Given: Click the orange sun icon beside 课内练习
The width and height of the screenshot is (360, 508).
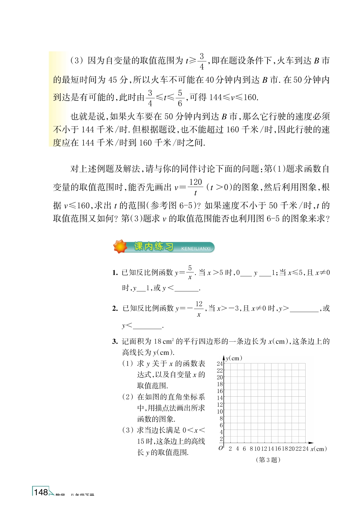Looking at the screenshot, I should [x=120, y=246].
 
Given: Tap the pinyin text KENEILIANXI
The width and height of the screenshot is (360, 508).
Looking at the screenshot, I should [x=196, y=248].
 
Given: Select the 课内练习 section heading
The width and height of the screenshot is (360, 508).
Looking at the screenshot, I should [x=154, y=246].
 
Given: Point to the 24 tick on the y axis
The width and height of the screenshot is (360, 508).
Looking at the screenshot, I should [x=220, y=364].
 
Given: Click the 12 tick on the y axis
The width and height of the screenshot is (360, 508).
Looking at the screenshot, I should [x=220, y=404].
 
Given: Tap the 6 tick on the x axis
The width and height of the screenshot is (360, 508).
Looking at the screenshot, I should [x=244, y=449].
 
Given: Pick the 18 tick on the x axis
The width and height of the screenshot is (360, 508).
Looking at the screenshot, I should [x=285, y=449].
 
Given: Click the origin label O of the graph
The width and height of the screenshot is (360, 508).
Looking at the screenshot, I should [x=221, y=448].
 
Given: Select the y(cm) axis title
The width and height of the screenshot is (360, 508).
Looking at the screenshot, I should [x=234, y=358].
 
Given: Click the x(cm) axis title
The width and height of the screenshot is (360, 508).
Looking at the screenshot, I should [x=319, y=449].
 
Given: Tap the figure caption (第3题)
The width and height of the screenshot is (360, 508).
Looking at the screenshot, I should [x=268, y=460].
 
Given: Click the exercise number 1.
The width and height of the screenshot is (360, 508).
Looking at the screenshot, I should [x=115, y=273].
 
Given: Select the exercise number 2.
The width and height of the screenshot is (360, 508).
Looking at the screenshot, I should [x=115, y=308].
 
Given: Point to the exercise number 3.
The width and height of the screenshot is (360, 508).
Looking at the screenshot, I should [x=115, y=341].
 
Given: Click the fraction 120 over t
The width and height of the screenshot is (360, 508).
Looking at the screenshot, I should [x=196, y=187].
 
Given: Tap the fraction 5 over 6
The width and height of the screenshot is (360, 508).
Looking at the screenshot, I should [x=180, y=98].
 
